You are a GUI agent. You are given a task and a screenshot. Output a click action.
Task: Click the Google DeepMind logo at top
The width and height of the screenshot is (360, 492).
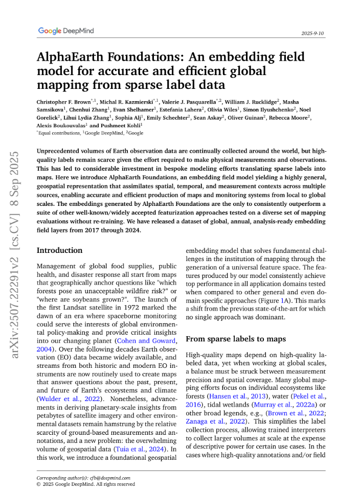(66, 31)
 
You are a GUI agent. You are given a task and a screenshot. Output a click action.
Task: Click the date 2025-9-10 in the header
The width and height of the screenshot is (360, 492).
(313, 33)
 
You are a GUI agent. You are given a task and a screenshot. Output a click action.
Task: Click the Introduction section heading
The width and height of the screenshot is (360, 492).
(59, 250)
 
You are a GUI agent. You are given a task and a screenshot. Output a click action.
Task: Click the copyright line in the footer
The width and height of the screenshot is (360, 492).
(86, 484)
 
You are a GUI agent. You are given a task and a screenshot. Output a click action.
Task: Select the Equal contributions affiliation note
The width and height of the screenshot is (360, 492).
(60, 133)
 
